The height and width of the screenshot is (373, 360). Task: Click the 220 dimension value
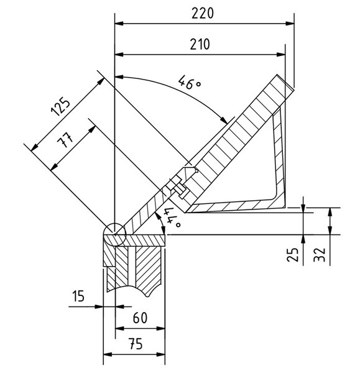203,13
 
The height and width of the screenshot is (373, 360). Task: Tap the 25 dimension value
295,254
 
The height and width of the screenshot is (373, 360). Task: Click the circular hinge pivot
114,234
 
